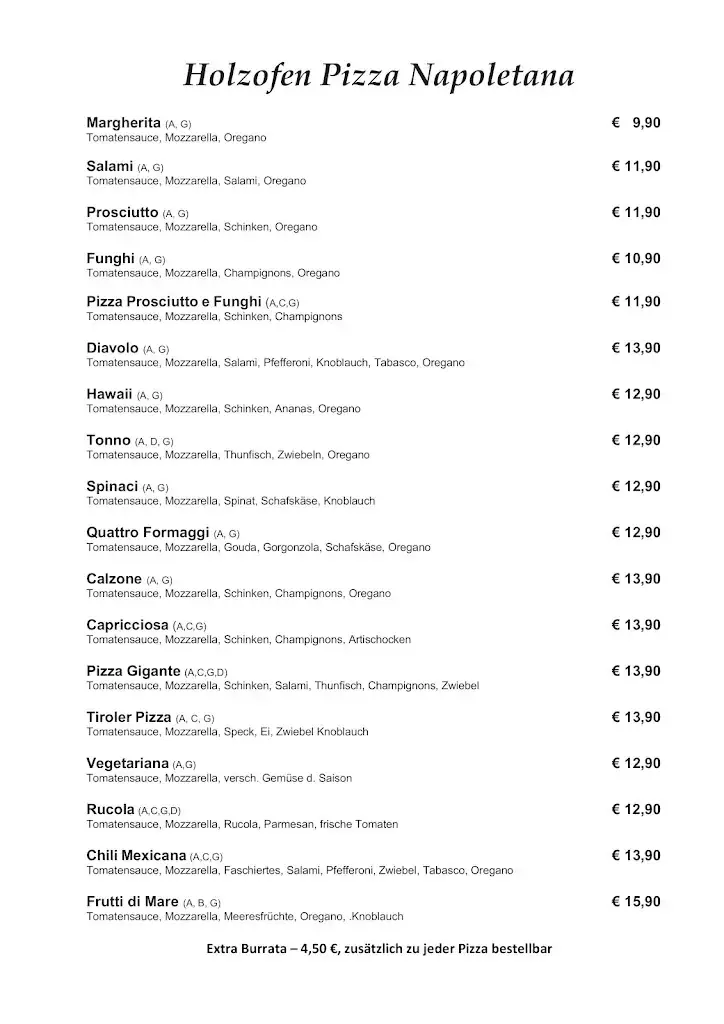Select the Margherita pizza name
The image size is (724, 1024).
(x=124, y=122)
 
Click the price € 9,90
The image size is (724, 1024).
(x=636, y=123)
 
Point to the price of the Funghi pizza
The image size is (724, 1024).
(x=636, y=259)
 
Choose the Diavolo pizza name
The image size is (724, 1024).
(x=112, y=348)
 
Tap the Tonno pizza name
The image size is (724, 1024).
(x=109, y=440)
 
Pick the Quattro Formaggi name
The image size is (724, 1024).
(x=148, y=532)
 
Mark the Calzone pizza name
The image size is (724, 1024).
(x=114, y=579)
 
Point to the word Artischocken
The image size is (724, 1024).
(x=379, y=639)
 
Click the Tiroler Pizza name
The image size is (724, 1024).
(x=129, y=717)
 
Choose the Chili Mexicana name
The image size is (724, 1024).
(x=136, y=855)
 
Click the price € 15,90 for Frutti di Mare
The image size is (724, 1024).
(x=636, y=901)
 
